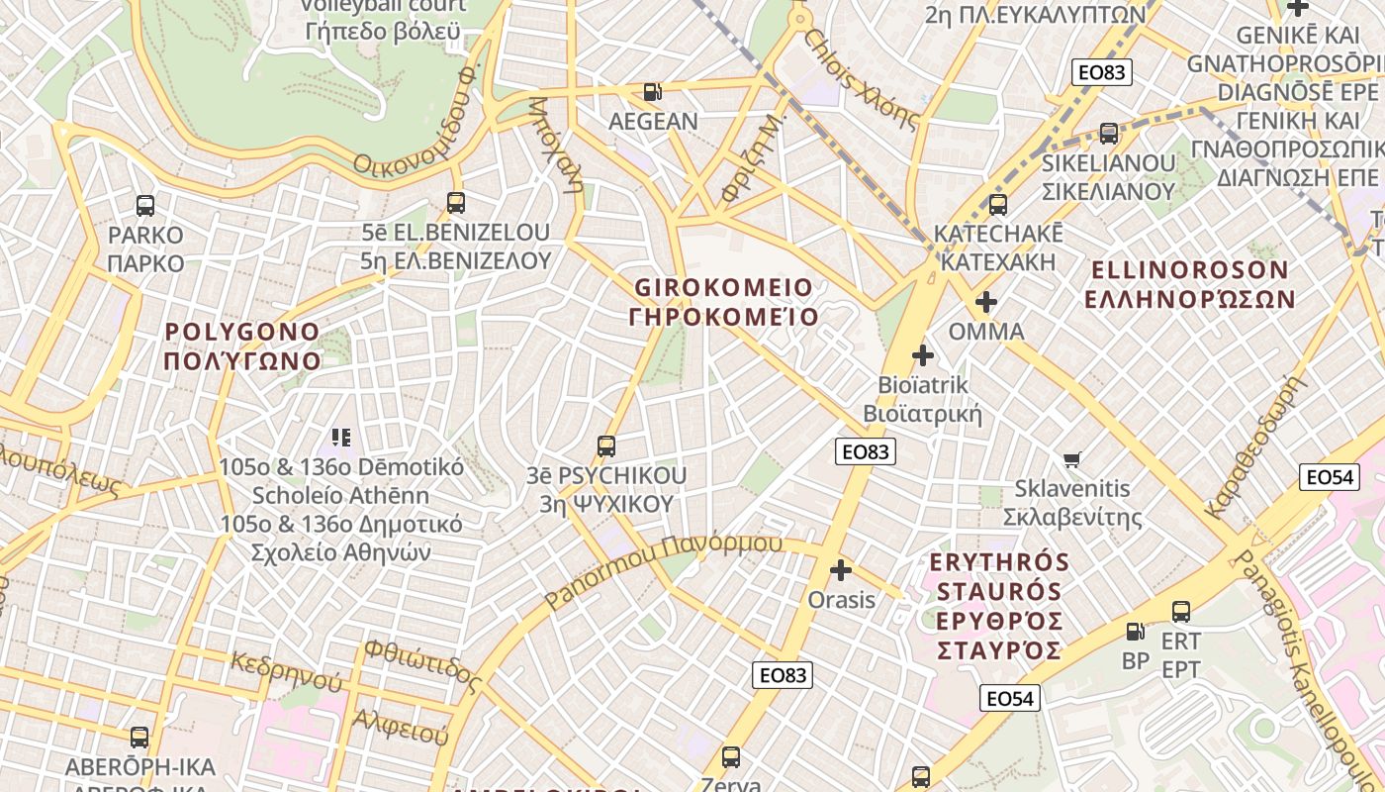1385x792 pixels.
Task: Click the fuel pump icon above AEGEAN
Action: coord(652,92)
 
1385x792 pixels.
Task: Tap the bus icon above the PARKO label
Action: coord(145,206)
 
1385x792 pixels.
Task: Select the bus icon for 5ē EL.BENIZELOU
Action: coord(456,203)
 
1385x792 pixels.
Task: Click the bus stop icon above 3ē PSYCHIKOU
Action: coord(606,446)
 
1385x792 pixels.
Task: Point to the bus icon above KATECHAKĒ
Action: coord(998,205)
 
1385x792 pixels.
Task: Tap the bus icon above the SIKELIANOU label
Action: coord(1109,134)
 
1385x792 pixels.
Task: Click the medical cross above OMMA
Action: coord(986,301)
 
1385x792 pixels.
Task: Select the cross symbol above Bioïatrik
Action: coord(923,354)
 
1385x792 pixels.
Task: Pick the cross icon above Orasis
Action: coord(841,570)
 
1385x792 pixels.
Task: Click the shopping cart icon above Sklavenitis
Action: coord(1072,458)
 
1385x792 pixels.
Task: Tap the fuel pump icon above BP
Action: coord(1136,631)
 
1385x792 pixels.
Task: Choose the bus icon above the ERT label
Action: coord(1180,611)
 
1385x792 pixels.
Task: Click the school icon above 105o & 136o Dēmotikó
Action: coord(341,437)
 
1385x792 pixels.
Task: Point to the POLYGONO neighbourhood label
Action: coord(242,346)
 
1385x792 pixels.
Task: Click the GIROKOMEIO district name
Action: coord(724,302)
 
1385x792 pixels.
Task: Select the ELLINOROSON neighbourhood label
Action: coord(1189,284)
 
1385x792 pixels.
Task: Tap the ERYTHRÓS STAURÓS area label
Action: coord(999,606)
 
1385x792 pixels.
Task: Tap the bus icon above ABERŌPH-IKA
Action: coord(139,738)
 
